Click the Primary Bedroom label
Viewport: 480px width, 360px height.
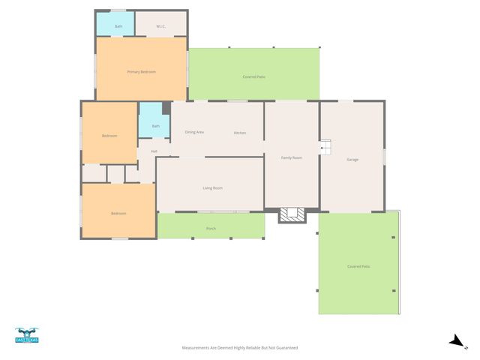point(141,72)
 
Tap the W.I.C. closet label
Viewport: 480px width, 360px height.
point(160,27)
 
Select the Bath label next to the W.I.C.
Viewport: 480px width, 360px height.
point(118,27)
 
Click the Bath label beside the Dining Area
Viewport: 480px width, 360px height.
point(155,126)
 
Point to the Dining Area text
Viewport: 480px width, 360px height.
point(195,133)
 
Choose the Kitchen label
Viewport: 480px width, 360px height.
point(239,133)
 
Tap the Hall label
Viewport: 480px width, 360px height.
point(154,151)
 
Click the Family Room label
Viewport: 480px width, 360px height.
point(291,157)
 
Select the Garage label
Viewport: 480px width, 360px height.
point(352,159)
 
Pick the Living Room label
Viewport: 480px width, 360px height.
point(212,188)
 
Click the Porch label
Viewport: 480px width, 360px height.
point(211,228)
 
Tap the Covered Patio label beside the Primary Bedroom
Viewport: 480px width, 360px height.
point(253,76)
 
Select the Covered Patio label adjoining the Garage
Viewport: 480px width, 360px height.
point(358,266)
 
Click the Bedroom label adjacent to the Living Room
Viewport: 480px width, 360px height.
point(118,214)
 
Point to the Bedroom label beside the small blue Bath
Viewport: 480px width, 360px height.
point(109,136)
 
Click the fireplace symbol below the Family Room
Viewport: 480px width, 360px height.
point(292,215)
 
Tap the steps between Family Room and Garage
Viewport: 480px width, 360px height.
point(325,148)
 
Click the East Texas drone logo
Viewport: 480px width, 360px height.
point(26,335)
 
